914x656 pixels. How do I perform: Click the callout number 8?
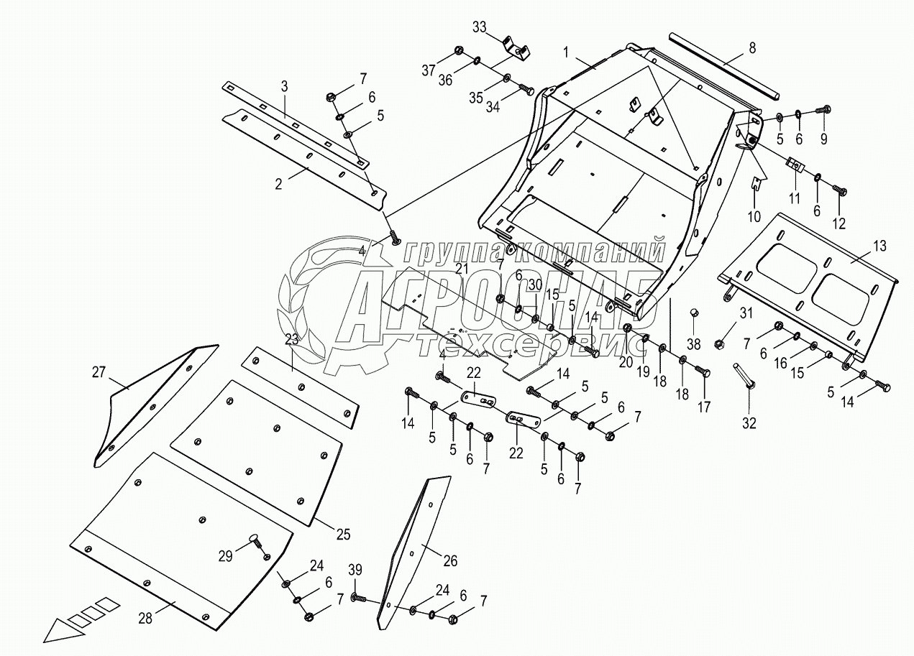[x=751, y=49]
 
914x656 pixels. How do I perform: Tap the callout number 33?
[x=480, y=27]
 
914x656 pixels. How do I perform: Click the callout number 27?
[x=99, y=371]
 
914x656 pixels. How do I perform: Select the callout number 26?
[x=450, y=561]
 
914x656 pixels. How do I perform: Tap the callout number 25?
[x=343, y=534]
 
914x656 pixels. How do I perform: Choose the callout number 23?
[x=291, y=340]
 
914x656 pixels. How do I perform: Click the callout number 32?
[x=749, y=423]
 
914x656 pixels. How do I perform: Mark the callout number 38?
[x=693, y=343]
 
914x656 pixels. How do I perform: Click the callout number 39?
[x=355, y=570]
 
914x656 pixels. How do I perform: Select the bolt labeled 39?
[x=360, y=597]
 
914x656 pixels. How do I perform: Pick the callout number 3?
[x=284, y=86]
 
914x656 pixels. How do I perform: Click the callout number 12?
[x=838, y=223]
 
